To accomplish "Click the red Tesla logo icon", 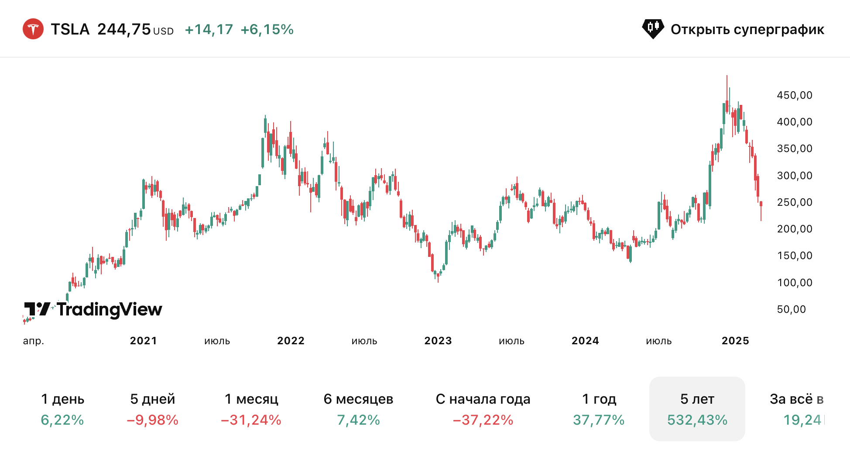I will (x=33, y=29).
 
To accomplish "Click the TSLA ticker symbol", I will (x=70, y=29).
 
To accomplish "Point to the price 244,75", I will (x=124, y=29).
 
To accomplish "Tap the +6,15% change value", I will (x=267, y=29).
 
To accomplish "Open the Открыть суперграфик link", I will (x=733, y=29).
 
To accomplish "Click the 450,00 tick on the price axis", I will (x=795, y=95).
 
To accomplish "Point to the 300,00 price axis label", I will (x=795, y=176).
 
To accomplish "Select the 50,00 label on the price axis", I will (x=792, y=309).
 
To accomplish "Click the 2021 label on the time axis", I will (x=143, y=341).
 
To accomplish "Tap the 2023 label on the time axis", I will (x=438, y=341).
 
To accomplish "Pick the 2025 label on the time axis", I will (x=735, y=341).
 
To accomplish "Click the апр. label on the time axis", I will (x=34, y=341).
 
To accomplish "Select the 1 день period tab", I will (x=62, y=409).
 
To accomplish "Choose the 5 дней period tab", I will (x=153, y=409).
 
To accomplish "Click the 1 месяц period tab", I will (x=251, y=409).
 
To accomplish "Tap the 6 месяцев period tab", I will (x=358, y=409).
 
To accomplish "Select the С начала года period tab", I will (x=483, y=409).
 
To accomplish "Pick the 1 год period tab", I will (x=599, y=409).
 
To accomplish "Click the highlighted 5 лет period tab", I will (x=697, y=409).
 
